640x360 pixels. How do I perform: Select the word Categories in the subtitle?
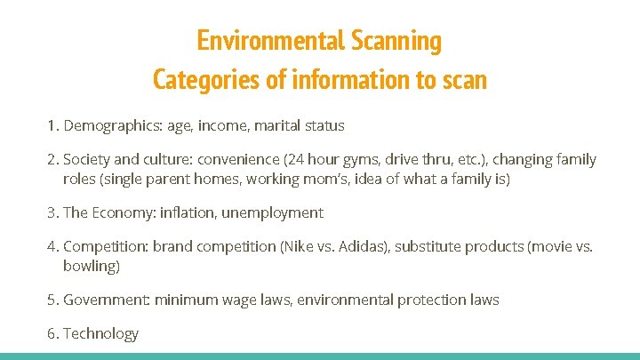click(205, 80)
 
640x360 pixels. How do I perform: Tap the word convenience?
click(238, 160)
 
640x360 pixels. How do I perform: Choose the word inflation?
click(188, 212)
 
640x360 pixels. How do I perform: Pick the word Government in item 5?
click(105, 300)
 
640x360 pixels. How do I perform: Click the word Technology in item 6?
click(101, 334)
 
